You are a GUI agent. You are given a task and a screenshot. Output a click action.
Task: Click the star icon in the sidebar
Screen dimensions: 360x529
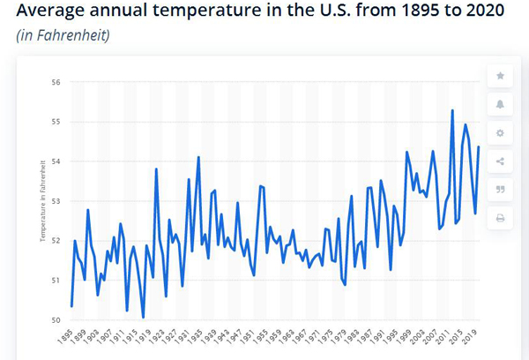(500, 76)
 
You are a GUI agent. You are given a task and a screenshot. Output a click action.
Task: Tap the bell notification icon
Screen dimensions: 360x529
(500, 104)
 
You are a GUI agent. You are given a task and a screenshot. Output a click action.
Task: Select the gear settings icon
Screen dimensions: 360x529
(500, 132)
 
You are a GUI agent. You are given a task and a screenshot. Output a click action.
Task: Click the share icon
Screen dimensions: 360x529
(500, 161)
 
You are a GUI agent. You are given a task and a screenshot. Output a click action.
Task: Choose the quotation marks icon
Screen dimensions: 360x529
(500, 189)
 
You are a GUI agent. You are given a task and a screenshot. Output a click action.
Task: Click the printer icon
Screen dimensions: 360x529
(500, 217)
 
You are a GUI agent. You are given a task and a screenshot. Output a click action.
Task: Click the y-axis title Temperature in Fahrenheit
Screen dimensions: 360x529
(42, 201)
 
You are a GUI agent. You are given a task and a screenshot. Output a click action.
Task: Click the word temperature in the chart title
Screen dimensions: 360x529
(197, 12)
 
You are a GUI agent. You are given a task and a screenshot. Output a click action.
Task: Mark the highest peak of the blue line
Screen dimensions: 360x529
(452, 111)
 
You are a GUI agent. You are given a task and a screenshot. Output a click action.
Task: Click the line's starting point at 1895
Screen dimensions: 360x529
(71, 305)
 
